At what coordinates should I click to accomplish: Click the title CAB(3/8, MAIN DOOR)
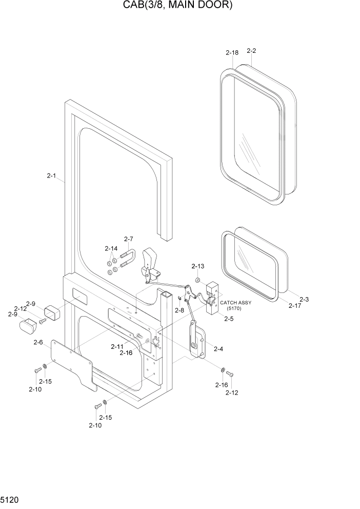(x=180, y=6)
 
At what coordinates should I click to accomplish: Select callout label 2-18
(x=232, y=52)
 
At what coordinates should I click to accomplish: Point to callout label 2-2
(x=251, y=51)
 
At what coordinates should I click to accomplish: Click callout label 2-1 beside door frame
(x=51, y=176)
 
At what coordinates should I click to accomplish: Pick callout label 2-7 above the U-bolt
(x=128, y=239)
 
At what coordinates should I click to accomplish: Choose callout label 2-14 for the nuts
(x=111, y=248)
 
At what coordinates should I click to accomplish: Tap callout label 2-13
(x=197, y=266)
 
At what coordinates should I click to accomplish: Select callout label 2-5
(x=228, y=319)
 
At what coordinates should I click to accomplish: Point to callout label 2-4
(x=218, y=349)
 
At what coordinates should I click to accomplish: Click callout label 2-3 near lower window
(x=304, y=299)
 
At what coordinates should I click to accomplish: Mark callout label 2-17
(x=294, y=306)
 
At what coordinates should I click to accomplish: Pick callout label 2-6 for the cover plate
(x=38, y=342)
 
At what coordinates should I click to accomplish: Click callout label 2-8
(x=179, y=310)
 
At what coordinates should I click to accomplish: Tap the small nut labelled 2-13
(x=197, y=280)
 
